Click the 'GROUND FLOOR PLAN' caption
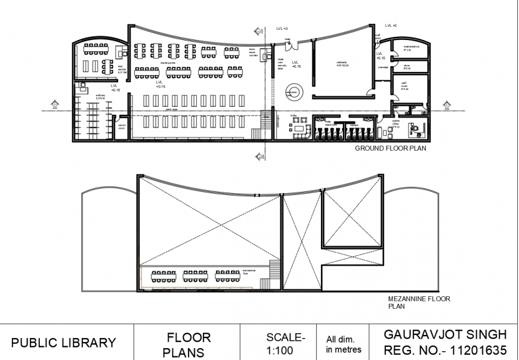(x=390, y=149)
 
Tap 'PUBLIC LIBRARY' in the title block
(x=63, y=343)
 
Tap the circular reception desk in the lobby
(x=294, y=92)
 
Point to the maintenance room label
(x=411, y=48)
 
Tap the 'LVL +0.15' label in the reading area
(x=160, y=85)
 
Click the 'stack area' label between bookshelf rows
(x=172, y=110)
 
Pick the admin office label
(x=397, y=125)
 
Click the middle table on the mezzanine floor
(x=194, y=276)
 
